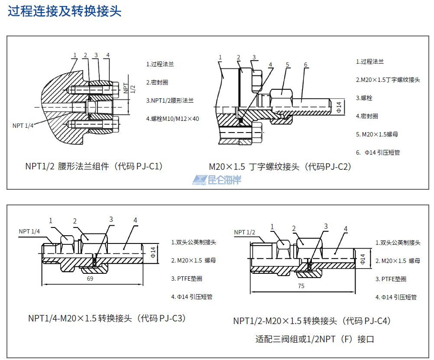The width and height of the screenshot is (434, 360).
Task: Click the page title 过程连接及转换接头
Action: coord(65,11)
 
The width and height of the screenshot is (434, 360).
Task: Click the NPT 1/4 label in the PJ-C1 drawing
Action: coord(23,126)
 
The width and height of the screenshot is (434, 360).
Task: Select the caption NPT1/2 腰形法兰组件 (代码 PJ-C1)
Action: coord(94,166)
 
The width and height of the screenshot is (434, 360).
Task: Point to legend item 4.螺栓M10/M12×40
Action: coord(172,118)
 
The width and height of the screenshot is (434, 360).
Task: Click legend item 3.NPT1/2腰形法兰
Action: coord(170,100)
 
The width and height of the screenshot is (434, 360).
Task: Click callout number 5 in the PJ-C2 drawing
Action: coord(287,65)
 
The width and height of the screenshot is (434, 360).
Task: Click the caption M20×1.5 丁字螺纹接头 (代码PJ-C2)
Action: coord(280,166)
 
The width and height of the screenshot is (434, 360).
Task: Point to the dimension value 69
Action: coord(90,279)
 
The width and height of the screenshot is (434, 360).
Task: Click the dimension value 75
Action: coord(301,286)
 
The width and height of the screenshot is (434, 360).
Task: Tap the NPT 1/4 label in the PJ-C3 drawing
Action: coord(29,231)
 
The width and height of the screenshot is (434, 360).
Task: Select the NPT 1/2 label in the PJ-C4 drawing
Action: coord(245,232)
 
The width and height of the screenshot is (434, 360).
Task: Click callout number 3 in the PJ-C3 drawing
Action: coord(111,220)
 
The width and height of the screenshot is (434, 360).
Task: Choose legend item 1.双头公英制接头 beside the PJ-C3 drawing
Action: coord(194,242)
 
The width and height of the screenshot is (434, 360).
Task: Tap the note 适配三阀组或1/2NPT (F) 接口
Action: coord(314,339)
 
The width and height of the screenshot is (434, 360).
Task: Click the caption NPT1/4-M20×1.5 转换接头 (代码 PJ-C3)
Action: coord(107,318)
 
